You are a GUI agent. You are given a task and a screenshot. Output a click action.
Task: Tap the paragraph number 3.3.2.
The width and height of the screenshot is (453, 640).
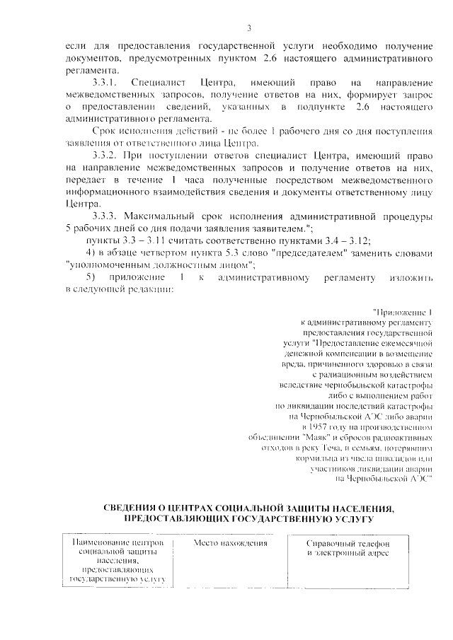(107, 153)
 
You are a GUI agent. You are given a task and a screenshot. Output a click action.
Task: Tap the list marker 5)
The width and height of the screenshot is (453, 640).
(90, 277)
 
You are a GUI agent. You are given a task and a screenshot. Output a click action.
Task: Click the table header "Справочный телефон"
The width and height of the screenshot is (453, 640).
(347, 543)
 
